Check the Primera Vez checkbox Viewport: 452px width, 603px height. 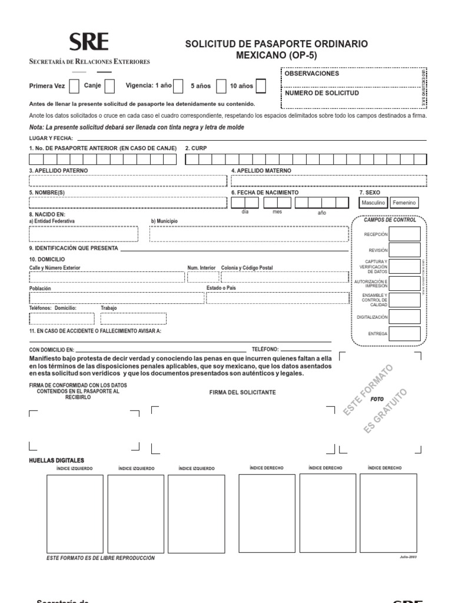tap(74, 86)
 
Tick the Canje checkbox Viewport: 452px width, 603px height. tap(109, 86)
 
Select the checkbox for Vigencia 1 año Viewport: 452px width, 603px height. tap(178, 86)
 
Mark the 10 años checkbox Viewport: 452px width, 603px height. tap(261, 86)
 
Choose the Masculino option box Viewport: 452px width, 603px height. tap(374, 203)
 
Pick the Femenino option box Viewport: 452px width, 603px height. tap(404, 203)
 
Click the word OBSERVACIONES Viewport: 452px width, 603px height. tap(312, 74)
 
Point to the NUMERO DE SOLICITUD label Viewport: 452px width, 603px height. tap(321, 93)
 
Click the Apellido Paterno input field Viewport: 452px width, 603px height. tap(127, 180)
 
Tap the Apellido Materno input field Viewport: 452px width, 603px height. tap(324, 180)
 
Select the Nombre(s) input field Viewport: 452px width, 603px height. tap(127, 203)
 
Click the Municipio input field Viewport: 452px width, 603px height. tap(248, 234)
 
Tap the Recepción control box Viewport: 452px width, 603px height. tap(405, 234)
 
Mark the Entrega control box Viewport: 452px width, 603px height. tap(405, 333)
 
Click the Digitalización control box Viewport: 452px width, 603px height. tap(405, 317)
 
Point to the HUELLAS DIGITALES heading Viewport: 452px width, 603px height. tap(56, 460)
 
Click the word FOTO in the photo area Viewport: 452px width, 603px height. tap(377, 399)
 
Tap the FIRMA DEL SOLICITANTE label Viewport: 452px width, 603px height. tap(242, 392)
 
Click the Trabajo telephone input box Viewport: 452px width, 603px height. tap(133, 319)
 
